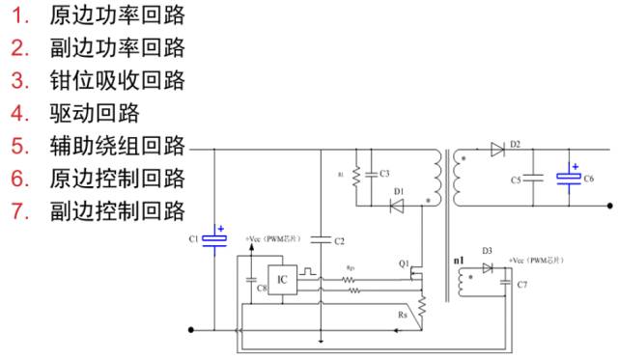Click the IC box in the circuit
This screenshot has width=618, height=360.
click(x=282, y=280)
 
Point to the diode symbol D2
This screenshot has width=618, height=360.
click(x=497, y=150)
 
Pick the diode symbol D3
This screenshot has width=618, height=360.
click(x=489, y=267)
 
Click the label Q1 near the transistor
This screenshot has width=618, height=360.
click(x=405, y=263)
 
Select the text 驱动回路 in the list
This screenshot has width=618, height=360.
click(x=95, y=113)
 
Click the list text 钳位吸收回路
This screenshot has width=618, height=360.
click(x=117, y=80)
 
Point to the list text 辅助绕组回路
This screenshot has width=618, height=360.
click(x=117, y=146)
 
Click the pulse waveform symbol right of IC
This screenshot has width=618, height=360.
click(x=309, y=273)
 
